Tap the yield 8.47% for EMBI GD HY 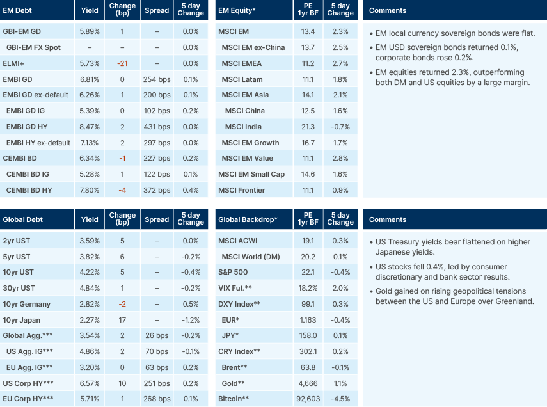tap(90, 127)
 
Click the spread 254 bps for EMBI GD tap(157, 79)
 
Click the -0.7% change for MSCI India tap(340, 127)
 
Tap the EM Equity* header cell tap(238, 10)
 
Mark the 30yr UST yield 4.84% tap(90, 288)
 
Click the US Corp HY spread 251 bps tap(157, 383)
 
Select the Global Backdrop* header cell tap(248, 219)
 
